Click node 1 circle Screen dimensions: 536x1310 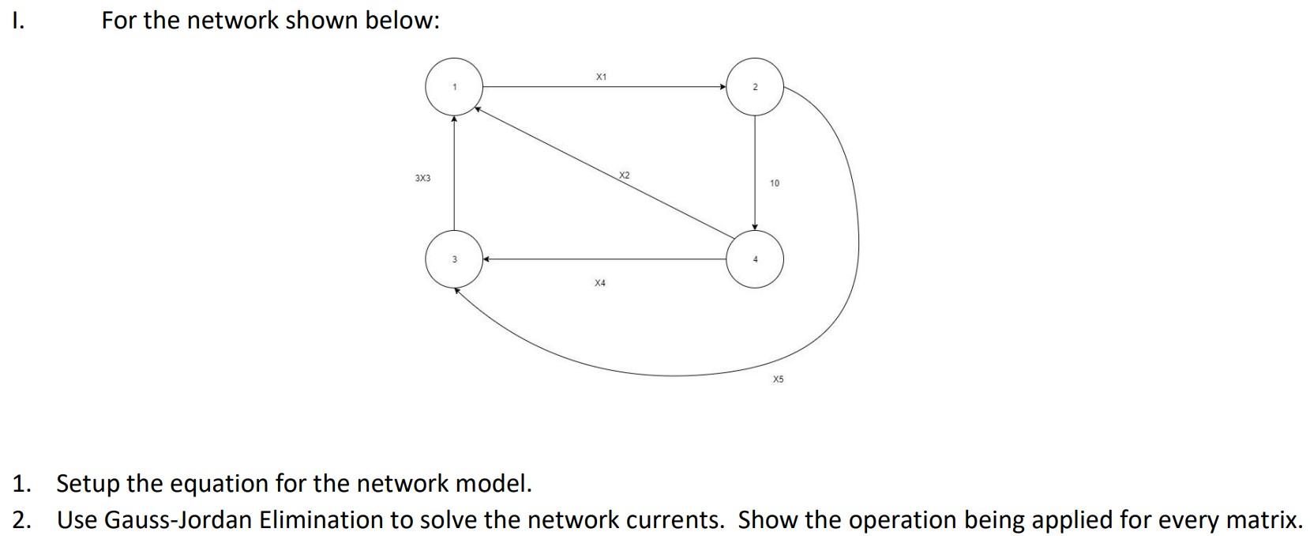(454, 87)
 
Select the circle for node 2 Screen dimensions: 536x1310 (755, 87)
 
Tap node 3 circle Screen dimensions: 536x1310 (454, 259)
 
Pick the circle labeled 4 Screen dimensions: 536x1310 (755, 259)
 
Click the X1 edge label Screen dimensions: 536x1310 (601, 77)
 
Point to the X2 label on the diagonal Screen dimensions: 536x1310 (624, 175)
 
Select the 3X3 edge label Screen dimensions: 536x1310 (422, 179)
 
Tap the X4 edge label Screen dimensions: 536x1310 (600, 282)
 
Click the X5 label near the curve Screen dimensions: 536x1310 (778, 379)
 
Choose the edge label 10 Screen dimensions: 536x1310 (774, 183)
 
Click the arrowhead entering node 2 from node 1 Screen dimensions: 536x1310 (723, 87)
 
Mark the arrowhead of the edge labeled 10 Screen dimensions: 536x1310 (755, 227)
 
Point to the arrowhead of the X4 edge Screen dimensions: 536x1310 (487, 259)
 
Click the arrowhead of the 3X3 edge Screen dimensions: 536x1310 (454, 120)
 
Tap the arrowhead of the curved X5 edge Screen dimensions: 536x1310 (457, 290)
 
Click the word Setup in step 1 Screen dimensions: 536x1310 (85, 483)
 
